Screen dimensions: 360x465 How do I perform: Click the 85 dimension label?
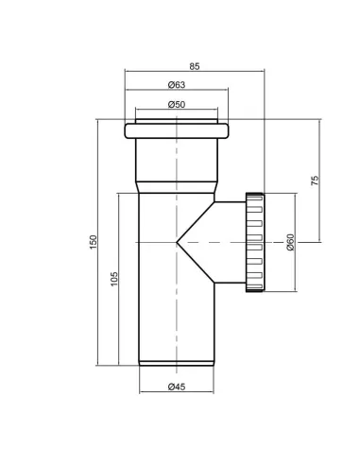195,66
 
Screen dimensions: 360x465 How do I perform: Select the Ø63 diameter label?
177,85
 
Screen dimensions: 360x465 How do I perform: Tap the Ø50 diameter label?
177,104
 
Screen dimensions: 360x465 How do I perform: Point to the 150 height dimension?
94,242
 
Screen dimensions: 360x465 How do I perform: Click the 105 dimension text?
114,279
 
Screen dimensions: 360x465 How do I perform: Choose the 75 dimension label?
315,181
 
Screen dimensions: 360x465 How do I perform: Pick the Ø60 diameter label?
290,242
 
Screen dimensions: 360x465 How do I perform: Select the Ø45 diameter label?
177,387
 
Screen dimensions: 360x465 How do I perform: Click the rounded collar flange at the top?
177,131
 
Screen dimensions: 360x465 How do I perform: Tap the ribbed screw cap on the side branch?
254,242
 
